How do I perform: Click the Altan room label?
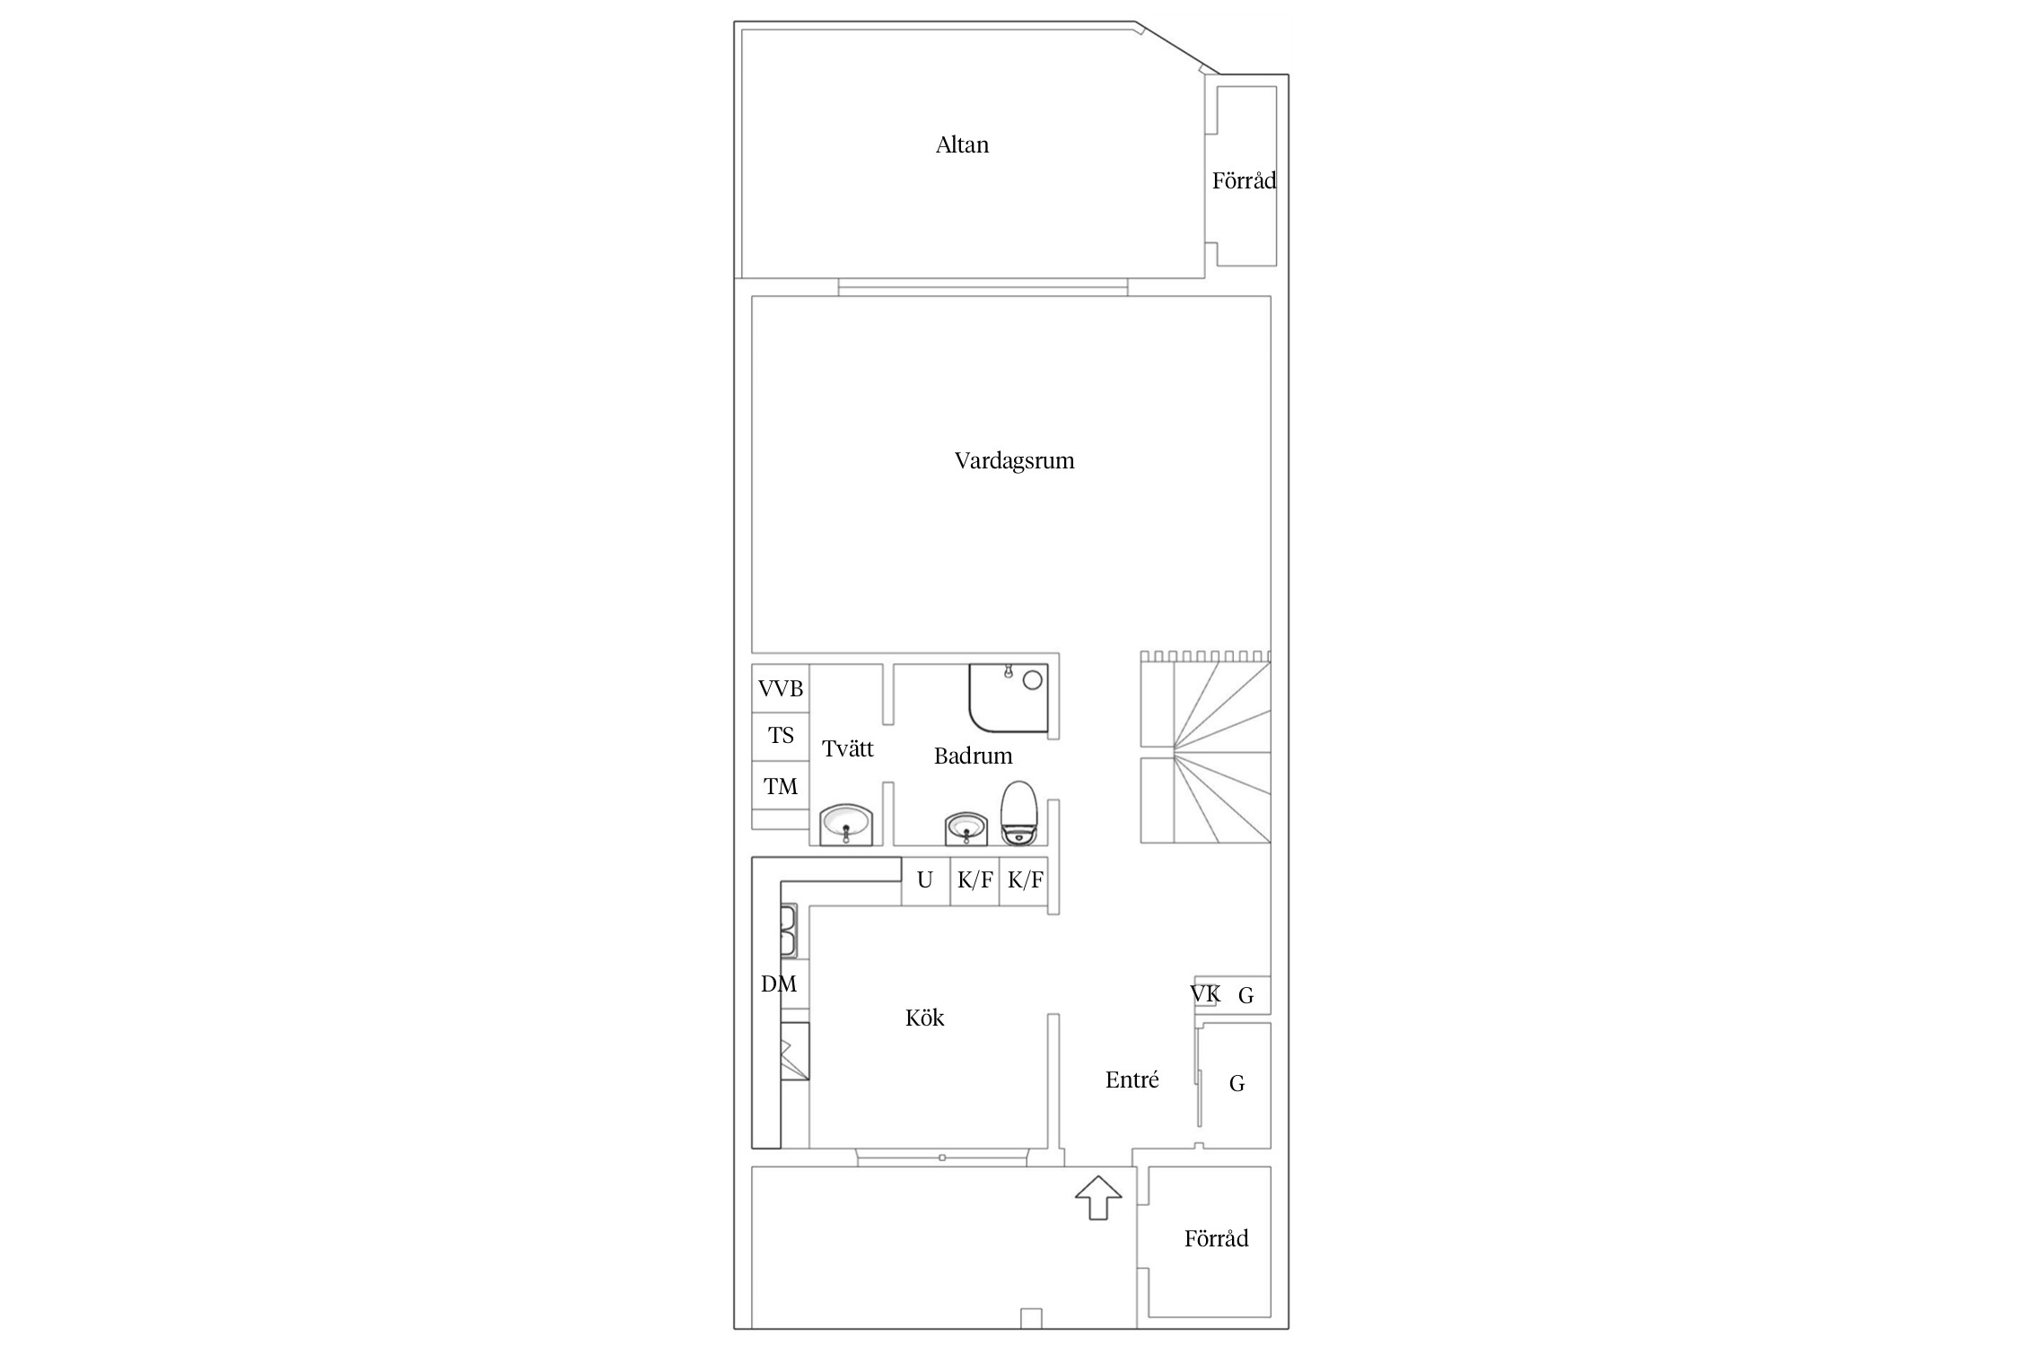(x=962, y=144)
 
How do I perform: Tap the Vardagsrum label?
(x=1014, y=461)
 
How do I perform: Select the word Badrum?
(x=973, y=756)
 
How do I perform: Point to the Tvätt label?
(x=847, y=748)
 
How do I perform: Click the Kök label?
(x=924, y=1018)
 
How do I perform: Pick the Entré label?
(x=1132, y=1079)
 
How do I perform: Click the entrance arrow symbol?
(x=1098, y=1197)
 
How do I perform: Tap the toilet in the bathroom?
(x=1018, y=813)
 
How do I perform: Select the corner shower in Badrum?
(x=1008, y=697)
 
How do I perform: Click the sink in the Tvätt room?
(x=846, y=825)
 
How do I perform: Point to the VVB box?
(x=781, y=688)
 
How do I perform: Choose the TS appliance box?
(x=781, y=737)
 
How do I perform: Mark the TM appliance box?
(x=781, y=785)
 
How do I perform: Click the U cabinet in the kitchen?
(x=925, y=880)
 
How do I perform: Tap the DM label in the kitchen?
(x=778, y=984)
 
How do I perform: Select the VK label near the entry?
(x=1204, y=994)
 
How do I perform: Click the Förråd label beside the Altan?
(x=1244, y=180)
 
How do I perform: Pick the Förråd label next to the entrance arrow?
(x=1216, y=1238)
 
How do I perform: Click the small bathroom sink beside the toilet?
(x=966, y=828)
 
